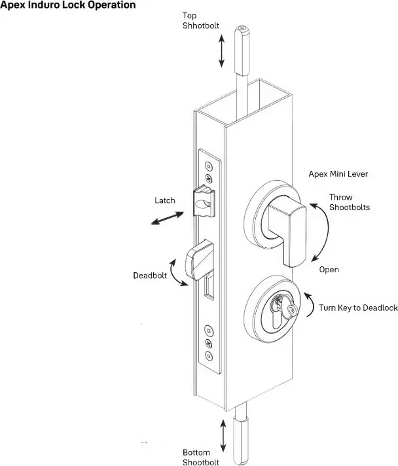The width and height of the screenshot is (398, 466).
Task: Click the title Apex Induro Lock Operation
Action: (68, 5)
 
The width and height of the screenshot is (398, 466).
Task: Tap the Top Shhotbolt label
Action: (200, 21)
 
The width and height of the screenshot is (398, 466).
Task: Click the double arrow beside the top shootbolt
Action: (222, 51)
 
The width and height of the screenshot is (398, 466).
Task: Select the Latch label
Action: (164, 200)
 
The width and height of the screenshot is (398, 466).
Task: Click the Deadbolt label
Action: (149, 275)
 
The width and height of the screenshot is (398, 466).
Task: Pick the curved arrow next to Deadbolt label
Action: (176, 270)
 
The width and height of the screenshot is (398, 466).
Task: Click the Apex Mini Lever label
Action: (338, 174)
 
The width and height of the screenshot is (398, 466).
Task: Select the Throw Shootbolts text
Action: (349, 202)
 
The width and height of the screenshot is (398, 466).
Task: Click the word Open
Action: (329, 269)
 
